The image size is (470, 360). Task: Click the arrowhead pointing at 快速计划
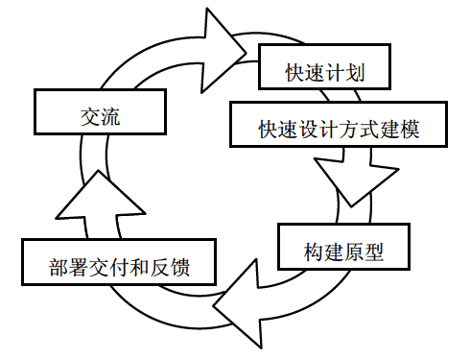pyautogui.click(x=223, y=51)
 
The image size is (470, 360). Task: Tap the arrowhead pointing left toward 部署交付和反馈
pyautogui.click(x=238, y=303)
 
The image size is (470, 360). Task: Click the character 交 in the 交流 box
pyautogui.click(x=90, y=117)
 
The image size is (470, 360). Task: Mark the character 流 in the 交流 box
pyautogui.click(x=110, y=117)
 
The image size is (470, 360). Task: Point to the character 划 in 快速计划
pyautogui.click(x=355, y=72)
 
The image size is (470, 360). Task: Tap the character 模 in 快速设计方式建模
pyautogui.click(x=410, y=130)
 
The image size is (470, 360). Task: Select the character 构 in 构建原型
pyautogui.click(x=314, y=252)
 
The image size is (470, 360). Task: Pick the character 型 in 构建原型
pyautogui.click(x=374, y=252)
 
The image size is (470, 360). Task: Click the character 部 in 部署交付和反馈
pyautogui.click(x=59, y=268)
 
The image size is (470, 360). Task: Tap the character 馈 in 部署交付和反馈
pyautogui.click(x=180, y=268)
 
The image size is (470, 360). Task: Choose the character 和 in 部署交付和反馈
pyautogui.click(x=140, y=268)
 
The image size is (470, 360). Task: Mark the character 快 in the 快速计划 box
pyautogui.click(x=294, y=72)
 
